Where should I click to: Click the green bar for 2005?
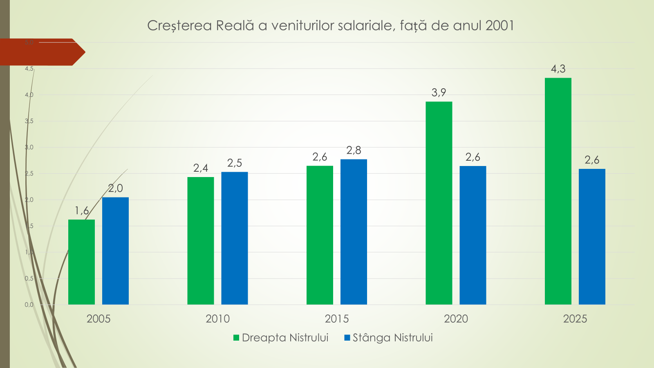click(x=81, y=262)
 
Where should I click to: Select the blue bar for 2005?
click(x=115, y=251)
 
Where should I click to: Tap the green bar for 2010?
click(x=200, y=241)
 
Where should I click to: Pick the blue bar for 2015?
click(x=354, y=232)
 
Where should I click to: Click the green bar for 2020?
click(x=439, y=203)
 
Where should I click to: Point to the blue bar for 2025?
click(x=592, y=237)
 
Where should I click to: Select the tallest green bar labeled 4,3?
click(x=558, y=191)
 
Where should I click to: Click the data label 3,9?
click(x=439, y=92)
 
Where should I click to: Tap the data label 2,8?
click(x=354, y=150)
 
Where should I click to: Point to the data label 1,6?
click(x=81, y=211)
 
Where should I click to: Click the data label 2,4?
click(x=200, y=168)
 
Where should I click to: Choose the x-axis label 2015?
click(x=337, y=319)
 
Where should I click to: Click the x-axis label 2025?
click(x=575, y=319)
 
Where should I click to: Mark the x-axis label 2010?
click(x=217, y=319)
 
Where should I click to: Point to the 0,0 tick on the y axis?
click(x=29, y=305)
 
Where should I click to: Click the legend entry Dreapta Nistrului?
click(x=285, y=338)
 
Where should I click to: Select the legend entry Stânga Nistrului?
click(x=392, y=338)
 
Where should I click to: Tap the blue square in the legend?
click(x=347, y=338)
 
